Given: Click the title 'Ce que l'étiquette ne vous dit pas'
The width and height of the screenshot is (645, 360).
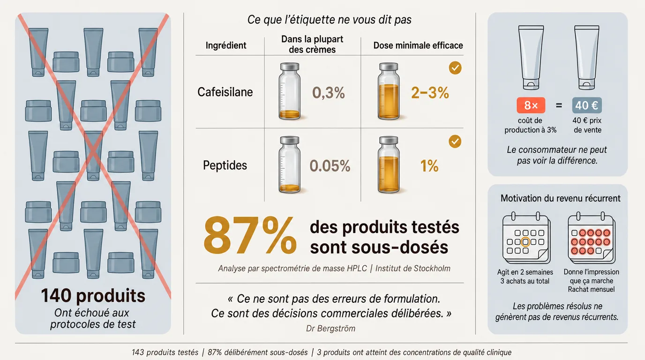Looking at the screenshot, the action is (x=329, y=20).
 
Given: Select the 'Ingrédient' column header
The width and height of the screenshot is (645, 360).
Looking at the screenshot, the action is (x=226, y=45).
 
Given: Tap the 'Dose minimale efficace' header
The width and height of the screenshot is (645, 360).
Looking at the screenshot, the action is (x=418, y=45).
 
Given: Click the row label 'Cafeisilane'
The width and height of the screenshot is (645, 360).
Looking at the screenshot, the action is (x=225, y=92).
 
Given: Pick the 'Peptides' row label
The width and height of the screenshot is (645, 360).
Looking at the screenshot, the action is (x=225, y=165).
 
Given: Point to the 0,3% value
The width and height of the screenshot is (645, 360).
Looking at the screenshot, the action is (x=329, y=93).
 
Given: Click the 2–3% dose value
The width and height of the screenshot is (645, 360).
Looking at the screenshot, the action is (x=430, y=93).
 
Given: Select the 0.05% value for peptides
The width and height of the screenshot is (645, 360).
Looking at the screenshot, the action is (x=330, y=166).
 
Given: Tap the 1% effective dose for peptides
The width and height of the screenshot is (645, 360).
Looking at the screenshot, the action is (x=429, y=166).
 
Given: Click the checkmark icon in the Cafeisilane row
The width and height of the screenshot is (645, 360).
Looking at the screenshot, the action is (x=455, y=68).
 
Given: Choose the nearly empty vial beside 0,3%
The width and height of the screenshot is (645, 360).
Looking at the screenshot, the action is (x=289, y=91).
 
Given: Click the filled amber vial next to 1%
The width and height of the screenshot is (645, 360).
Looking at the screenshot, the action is (x=389, y=165).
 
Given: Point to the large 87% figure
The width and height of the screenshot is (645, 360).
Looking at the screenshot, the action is (x=250, y=235).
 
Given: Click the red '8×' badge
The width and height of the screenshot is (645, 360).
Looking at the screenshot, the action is (x=531, y=105).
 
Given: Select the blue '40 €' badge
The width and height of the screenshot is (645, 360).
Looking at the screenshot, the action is (x=587, y=105).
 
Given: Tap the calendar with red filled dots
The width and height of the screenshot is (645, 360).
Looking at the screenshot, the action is (x=592, y=238).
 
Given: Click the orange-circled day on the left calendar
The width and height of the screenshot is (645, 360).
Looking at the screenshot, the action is (x=525, y=242).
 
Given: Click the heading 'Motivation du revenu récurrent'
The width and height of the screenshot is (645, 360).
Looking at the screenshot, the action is (x=560, y=198).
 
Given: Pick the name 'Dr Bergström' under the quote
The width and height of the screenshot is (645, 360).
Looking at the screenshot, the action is (x=330, y=328).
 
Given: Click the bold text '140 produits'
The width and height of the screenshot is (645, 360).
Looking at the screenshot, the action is (x=93, y=296).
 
